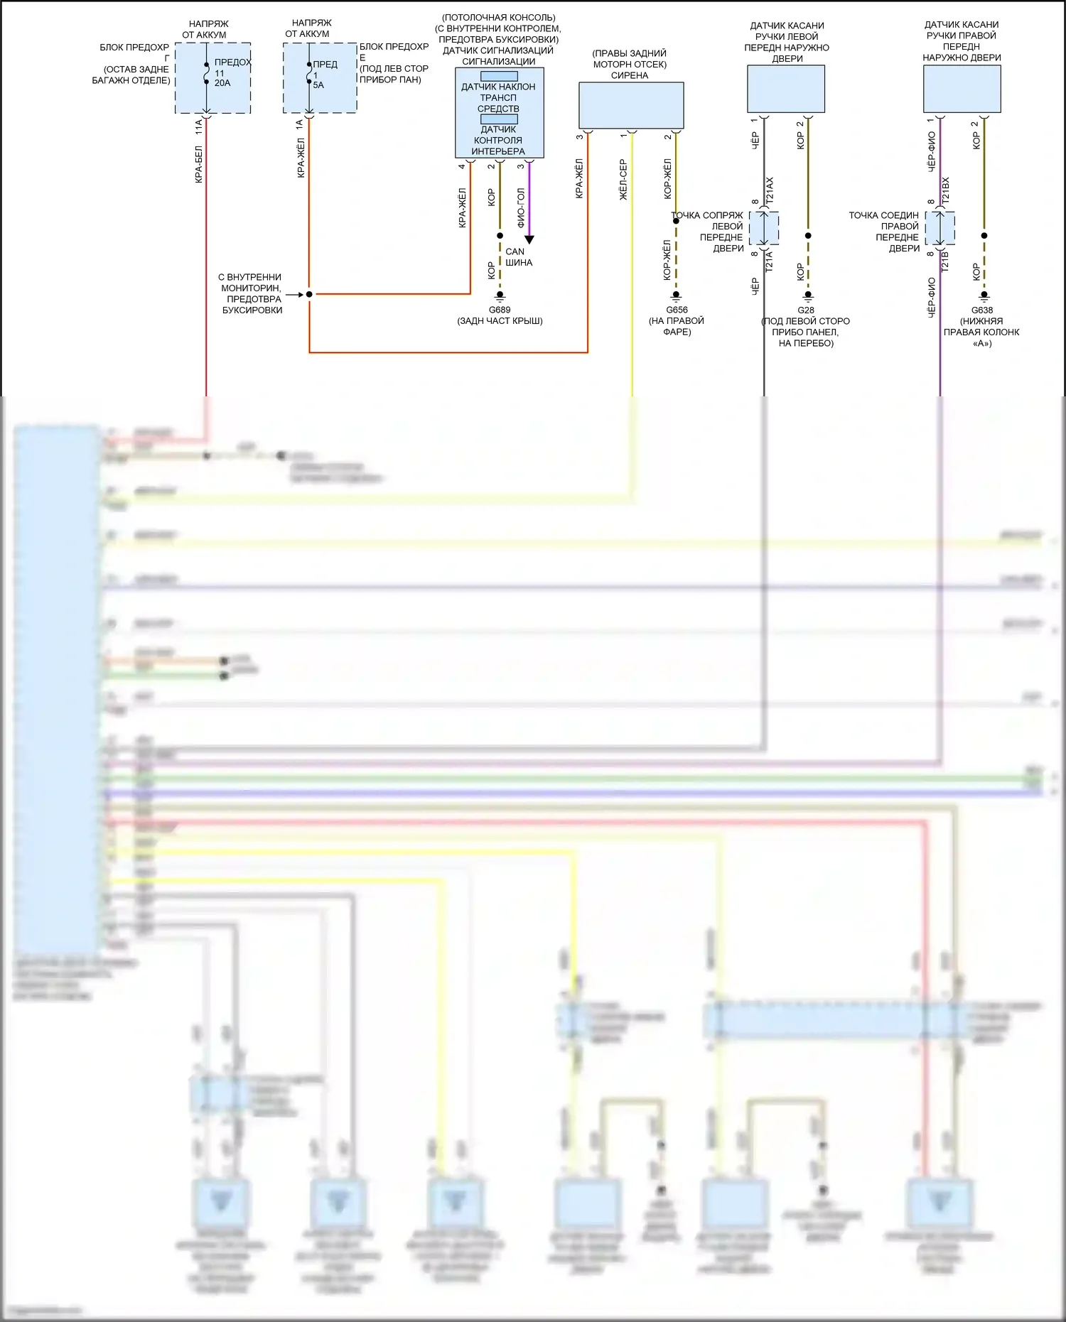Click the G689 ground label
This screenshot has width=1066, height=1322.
click(x=500, y=310)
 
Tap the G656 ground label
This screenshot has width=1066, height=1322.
click(x=677, y=310)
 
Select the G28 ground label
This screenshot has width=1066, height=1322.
click(x=806, y=310)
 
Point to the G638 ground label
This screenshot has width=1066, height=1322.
click(x=982, y=310)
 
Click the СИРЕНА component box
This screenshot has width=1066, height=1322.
click(x=631, y=105)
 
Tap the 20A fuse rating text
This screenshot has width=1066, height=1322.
click(x=222, y=83)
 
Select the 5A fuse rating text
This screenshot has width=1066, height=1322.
click(x=318, y=85)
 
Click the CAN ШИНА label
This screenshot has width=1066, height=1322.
click(x=518, y=257)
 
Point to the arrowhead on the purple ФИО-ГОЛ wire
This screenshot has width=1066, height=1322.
click(x=529, y=240)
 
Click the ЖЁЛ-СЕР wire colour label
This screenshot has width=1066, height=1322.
click(x=623, y=179)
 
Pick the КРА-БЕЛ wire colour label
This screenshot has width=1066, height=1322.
click(x=199, y=164)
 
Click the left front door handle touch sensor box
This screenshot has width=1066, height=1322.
click(x=786, y=89)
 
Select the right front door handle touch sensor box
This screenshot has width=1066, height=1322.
click(x=962, y=89)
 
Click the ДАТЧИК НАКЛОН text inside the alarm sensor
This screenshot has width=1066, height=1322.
click(x=498, y=87)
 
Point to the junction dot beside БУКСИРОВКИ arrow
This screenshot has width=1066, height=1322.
click(x=309, y=294)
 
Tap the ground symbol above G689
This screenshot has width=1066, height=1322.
click(x=500, y=296)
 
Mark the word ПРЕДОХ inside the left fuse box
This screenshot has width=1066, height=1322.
click(x=233, y=62)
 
